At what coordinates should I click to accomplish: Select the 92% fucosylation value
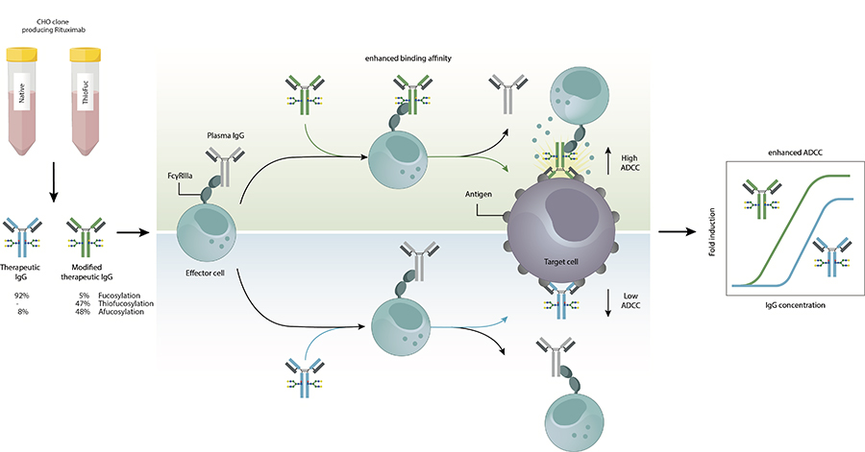coord(18,296)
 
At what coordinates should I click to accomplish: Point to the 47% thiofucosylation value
coord(83,304)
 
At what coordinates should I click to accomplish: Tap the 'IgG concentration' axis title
coord(793,304)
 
